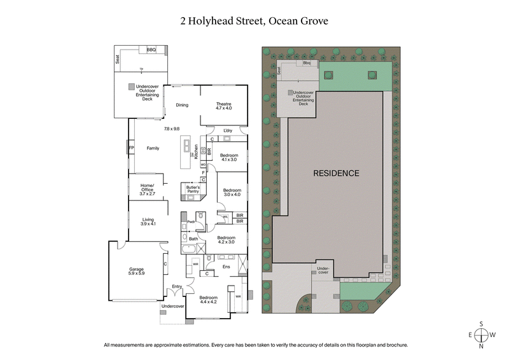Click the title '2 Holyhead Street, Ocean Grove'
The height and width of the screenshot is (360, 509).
click(254, 21)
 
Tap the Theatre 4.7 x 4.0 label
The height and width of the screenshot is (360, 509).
click(223, 106)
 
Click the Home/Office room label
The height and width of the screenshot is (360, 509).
click(148, 188)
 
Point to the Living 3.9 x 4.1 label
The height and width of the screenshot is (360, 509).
click(148, 222)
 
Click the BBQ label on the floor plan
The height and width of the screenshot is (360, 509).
click(151, 50)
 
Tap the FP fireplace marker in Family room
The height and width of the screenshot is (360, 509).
click(132, 148)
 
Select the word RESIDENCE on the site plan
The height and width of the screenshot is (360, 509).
click(336, 173)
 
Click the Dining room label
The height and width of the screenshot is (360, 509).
click(182, 105)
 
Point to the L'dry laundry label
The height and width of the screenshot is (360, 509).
click(227, 131)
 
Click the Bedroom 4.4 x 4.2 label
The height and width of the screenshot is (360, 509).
click(209, 300)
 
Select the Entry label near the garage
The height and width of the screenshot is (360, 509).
click(177, 287)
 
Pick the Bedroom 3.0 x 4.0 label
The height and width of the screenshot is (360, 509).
click(232, 193)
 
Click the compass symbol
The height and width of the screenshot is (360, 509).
click(482, 335)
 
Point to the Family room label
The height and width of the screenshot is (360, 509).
click(153, 148)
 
